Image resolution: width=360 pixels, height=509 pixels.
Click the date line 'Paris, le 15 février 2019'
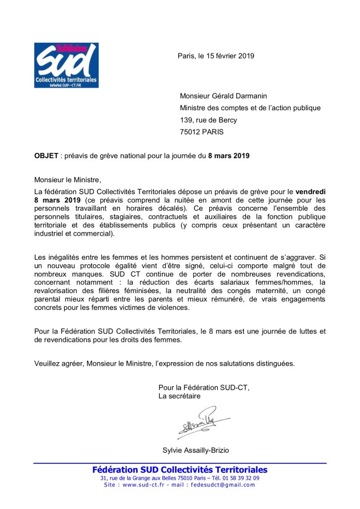pyautogui.click(x=216, y=56)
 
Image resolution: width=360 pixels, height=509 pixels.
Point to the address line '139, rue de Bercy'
pyautogui.click(x=208, y=120)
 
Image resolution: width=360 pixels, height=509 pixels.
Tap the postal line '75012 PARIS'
pyautogui.click(x=201, y=132)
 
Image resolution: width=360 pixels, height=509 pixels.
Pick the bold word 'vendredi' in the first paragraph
pyautogui.click(x=311, y=191)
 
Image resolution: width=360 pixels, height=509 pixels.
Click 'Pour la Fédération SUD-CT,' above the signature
pyautogui.click(x=204, y=387)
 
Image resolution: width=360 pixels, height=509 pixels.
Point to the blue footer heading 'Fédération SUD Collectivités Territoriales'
pyautogui.click(x=180, y=470)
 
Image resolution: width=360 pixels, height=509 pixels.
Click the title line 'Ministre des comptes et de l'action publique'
pyautogui.click(x=250, y=107)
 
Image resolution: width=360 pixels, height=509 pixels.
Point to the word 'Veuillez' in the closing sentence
pyautogui.click(x=49, y=363)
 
